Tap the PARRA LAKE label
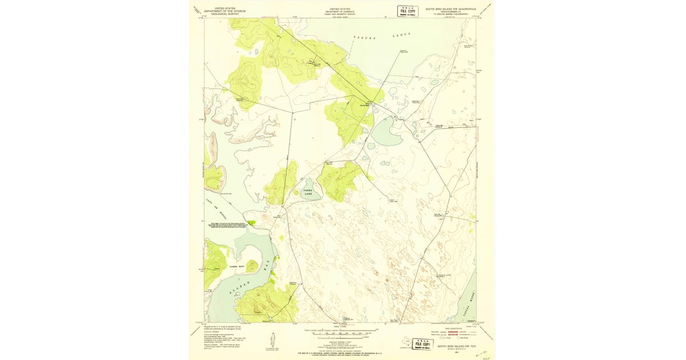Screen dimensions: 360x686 [308, 194]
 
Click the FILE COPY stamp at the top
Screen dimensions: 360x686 [407, 11]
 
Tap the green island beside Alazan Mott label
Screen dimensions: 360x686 [252, 266]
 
